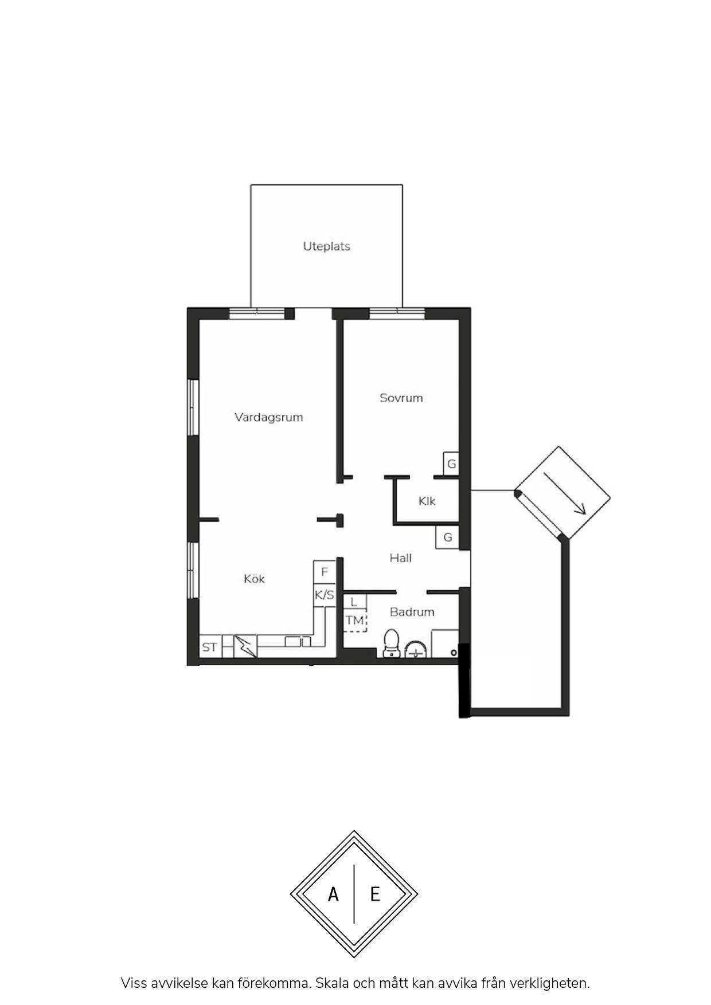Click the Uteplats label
click(326, 246)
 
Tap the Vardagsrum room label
click(268, 417)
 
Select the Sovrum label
click(401, 398)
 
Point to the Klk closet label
click(427, 501)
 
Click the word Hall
click(400, 558)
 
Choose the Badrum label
click(412, 612)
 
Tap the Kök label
click(254, 579)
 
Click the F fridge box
click(324, 572)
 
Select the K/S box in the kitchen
click(324, 595)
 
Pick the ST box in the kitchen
click(210, 647)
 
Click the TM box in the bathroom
click(355, 621)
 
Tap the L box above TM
click(354, 602)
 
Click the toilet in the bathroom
click(392, 643)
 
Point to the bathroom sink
click(416, 650)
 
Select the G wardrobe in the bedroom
click(451, 464)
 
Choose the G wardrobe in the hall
click(447, 537)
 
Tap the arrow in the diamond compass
click(565, 493)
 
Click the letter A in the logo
click(333, 894)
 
